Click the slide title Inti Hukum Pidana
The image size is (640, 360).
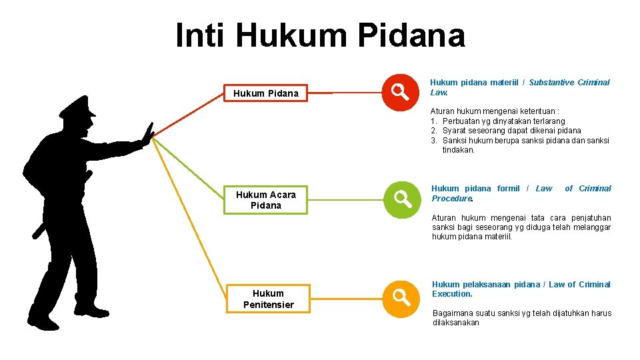pyautogui.click(x=320, y=35)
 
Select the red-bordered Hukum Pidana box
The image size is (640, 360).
pyautogui.click(x=266, y=93)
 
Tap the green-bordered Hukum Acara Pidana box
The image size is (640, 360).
pyautogui.click(x=266, y=199)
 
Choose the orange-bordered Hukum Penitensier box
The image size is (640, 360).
pyautogui.click(x=268, y=299)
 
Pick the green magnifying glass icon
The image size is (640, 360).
pyautogui.click(x=401, y=198)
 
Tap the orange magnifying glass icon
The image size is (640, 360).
pyautogui.click(x=401, y=298)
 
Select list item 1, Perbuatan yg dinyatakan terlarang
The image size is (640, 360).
pyautogui.click(x=503, y=121)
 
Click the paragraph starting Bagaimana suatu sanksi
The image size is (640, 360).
pyautogui.click(x=521, y=317)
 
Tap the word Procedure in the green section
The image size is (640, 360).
pyautogui.click(x=452, y=199)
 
